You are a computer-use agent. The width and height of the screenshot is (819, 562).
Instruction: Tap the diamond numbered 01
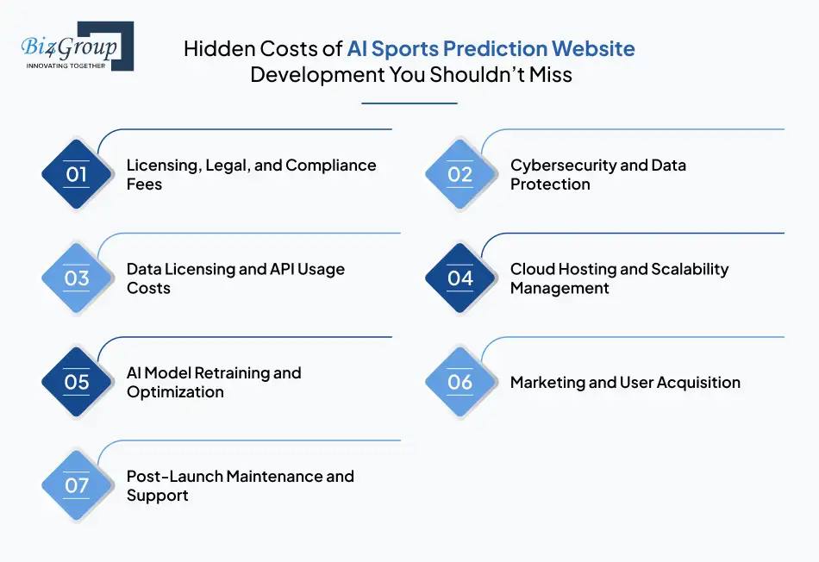pos(77,174)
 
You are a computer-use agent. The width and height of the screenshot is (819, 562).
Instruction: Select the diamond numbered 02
pos(460,174)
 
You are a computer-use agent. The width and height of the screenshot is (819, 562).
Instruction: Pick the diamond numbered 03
pos(77,278)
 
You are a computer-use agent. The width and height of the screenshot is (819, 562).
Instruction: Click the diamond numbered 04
pos(460,278)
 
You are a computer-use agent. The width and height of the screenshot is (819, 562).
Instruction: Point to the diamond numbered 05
pos(77,382)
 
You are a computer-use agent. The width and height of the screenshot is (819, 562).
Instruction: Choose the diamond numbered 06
pos(460,382)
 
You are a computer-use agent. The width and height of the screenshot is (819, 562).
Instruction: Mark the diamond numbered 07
pos(77,485)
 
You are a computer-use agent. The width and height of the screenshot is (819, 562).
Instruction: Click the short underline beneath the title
pos(409,103)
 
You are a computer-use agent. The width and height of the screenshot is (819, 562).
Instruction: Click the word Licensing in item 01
pos(164,165)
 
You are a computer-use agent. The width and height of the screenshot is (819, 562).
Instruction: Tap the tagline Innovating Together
pos(65,65)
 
